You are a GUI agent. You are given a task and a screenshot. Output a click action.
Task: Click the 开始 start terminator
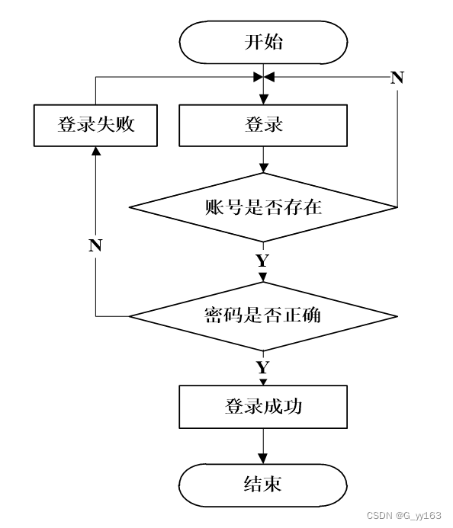pyautogui.click(x=263, y=42)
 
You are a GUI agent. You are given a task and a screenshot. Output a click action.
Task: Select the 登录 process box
pyautogui.click(x=263, y=125)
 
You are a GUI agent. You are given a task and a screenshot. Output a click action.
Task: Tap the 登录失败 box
pyautogui.click(x=96, y=125)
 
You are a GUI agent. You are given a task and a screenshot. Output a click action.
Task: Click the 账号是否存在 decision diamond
pyautogui.click(x=263, y=207)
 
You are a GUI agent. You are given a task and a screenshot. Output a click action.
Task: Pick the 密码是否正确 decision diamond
pyautogui.click(x=263, y=316)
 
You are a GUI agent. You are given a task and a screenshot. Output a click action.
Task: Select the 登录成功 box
pyautogui.click(x=263, y=407)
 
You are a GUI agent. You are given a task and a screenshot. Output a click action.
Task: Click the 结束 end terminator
pyautogui.click(x=263, y=485)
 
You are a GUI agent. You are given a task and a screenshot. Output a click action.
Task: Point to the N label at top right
pyautogui.click(x=397, y=78)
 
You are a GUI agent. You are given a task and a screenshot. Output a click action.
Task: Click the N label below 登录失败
pyautogui.click(x=95, y=245)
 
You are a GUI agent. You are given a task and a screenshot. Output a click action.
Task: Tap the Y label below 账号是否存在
pyautogui.click(x=263, y=261)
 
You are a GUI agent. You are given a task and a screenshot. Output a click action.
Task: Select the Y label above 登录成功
pyautogui.click(x=263, y=367)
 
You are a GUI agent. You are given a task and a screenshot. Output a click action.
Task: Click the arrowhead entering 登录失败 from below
pyautogui.click(x=96, y=151)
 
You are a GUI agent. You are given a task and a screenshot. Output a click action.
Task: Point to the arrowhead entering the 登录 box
pyautogui.click(x=264, y=100)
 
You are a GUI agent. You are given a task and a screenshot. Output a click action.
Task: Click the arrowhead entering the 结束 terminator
pyautogui.click(x=263, y=459)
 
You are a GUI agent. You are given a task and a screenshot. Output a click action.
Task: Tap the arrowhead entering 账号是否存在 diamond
pyautogui.click(x=264, y=168)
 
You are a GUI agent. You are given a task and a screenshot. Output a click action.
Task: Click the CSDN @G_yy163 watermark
pyautogui.click(x=403, y=516)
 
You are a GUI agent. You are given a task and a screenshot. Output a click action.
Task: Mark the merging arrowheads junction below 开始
pyautogui.click(x=264, y=77)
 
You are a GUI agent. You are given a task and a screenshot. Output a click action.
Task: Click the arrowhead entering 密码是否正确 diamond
pyautogui.click(x=263, y=277)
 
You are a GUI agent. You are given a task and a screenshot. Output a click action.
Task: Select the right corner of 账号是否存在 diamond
pyautogui.click(x=398, y=207)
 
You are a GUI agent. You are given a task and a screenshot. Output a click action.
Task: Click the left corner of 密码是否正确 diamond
pyautogui.click(x=130, y=316)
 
